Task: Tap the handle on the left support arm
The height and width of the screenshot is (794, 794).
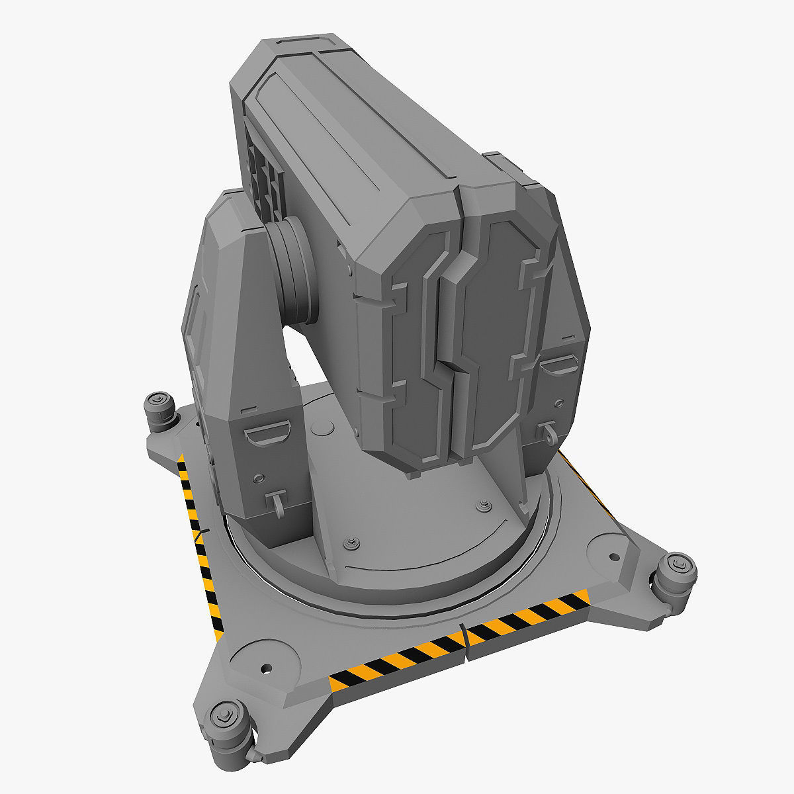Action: (267, 435)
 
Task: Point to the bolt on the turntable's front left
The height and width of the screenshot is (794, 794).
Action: (349, 543)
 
